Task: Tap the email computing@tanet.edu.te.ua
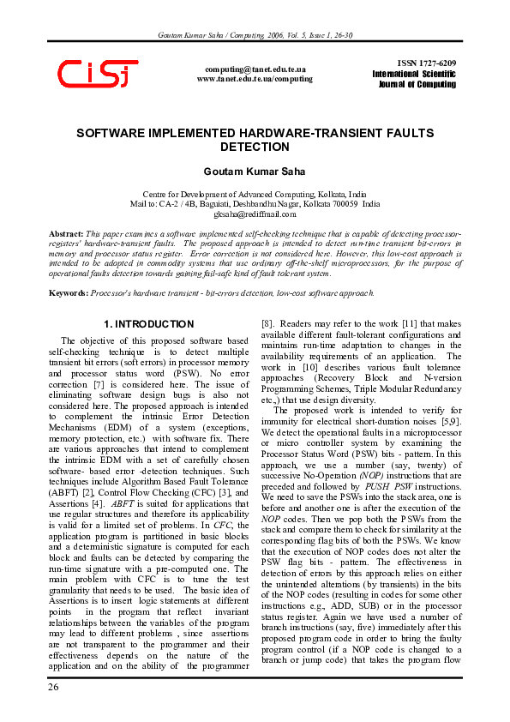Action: (255, 68)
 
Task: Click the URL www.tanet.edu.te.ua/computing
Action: (255, 78)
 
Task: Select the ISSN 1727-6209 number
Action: (427, 64)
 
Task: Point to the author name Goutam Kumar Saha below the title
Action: (255, 171)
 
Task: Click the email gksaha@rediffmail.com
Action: (255, 214)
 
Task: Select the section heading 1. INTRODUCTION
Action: (148, 324)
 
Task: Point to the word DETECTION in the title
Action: (255, 147)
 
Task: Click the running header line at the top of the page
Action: (255, 35)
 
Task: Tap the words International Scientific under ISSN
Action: (414, 75)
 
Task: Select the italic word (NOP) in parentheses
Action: (372, 474)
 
